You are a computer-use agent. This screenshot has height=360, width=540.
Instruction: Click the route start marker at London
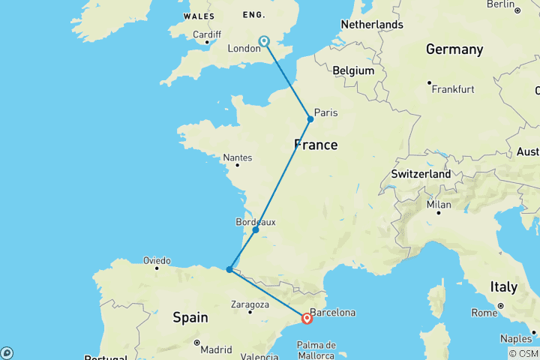point(263,41)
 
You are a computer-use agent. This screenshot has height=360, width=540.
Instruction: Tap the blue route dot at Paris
point(310,119)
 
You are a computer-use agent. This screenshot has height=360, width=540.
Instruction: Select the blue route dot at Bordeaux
point(256,229)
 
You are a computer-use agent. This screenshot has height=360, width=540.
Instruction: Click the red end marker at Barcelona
point(307,318)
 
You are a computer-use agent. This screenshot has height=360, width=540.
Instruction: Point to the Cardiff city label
point(206,34)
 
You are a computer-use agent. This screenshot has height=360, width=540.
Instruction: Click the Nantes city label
point(238,157)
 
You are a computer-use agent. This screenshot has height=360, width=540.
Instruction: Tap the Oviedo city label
point(157,260)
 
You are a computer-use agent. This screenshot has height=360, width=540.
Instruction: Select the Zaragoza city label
point(250,304)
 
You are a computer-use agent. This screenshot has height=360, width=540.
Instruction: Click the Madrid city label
point(216,349)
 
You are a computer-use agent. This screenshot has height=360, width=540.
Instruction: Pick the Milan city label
point(439,205)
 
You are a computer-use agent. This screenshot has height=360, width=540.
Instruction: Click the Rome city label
point(484,312)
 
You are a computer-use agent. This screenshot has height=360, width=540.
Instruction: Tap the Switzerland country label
point(421,174)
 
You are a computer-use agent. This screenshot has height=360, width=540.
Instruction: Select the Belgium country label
point(353,70)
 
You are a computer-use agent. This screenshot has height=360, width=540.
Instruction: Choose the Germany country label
point(454,49)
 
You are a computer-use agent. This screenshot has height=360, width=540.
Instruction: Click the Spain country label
point(190,317)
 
